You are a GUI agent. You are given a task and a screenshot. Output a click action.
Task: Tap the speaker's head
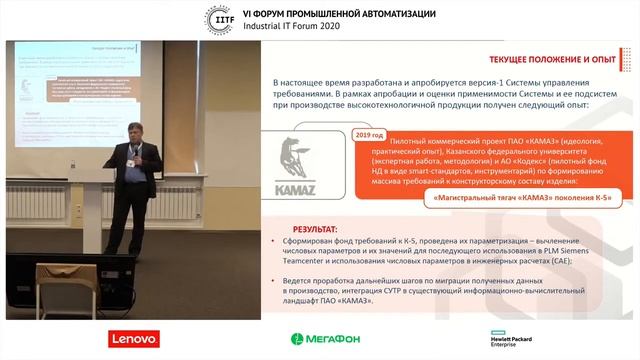pos(135,131)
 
